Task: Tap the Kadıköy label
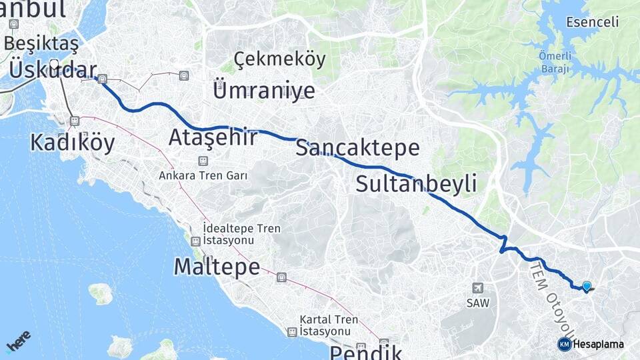73,142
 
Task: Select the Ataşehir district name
213,137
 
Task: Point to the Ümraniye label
263,89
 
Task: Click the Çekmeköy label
280,59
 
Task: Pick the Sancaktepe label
357,147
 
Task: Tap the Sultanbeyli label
416,183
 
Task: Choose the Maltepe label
217,267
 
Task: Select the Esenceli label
592,22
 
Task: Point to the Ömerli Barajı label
555,62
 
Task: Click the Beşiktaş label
41,43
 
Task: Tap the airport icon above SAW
477,288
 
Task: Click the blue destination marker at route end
587,287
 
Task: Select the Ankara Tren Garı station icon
203,161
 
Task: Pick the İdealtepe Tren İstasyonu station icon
195,241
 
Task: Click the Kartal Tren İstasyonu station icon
292,331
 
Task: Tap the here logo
18,341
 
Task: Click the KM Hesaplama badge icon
565,344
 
